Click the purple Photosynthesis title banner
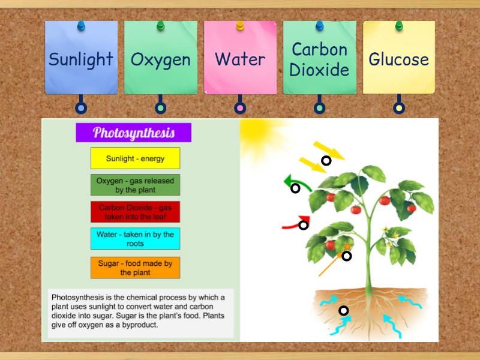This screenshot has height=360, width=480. (x=133, y=133)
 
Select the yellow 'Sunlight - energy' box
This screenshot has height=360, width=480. (x=135, y=158)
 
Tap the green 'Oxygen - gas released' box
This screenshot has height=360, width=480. (x=135, y=185)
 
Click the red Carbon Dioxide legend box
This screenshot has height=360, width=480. (x=135, y=212)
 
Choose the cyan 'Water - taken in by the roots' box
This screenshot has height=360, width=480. (x=135, y=239)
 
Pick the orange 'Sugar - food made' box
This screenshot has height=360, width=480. (x=135, y=268)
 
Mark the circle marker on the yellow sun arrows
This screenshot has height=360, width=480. (x=326, y=160)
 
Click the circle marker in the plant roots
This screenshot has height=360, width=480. (x=343, y=310)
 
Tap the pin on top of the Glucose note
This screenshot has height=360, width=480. (x=399, y=26)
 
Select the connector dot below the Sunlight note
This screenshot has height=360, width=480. (x=81, y=108)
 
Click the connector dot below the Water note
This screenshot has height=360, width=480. (x=240, y=108)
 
